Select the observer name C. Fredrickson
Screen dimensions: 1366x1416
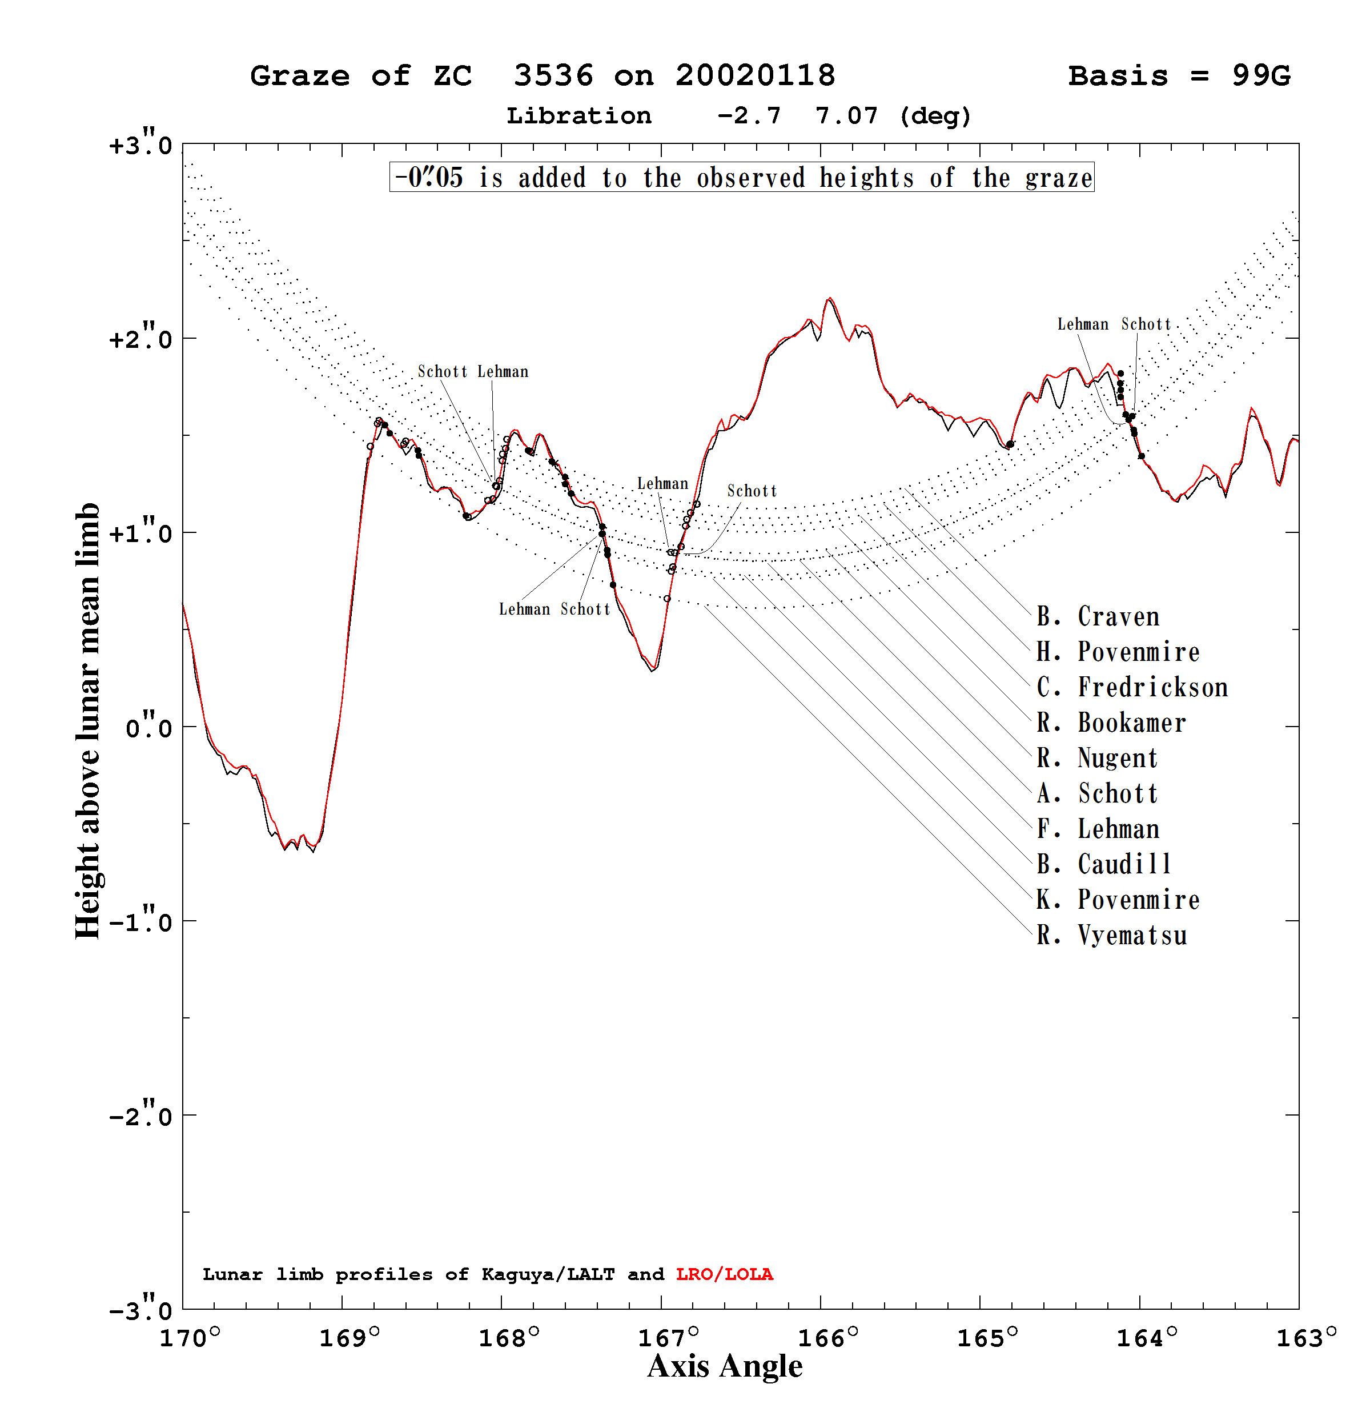coord(1132,687)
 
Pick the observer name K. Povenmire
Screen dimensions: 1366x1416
coord(1118,900)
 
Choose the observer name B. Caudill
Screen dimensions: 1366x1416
coord(1104,864)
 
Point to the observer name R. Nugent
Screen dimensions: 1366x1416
coord(1097,758)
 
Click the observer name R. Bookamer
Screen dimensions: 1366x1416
coord(1111,723)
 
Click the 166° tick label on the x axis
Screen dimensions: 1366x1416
coord(828,1338)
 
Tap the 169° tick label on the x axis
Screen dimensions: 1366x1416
coord(349,1338)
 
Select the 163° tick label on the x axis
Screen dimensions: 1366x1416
coord(1306,1338)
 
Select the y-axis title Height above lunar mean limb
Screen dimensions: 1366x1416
coord(87,721)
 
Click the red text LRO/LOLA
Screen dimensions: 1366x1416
coord(725,1274)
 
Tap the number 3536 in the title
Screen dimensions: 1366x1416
coord(553,76)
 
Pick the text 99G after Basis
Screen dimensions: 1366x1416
coord(1261,76)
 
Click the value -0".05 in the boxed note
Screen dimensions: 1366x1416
coord(428,177)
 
